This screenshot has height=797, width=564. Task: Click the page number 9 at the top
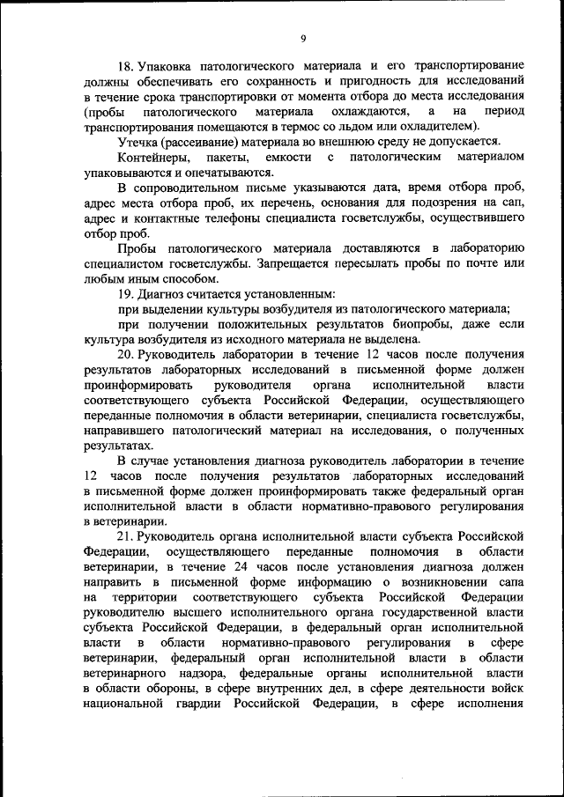pos(302,38)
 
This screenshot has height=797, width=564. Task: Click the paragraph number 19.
pos(127,293)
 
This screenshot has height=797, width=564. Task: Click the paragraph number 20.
pos(127,355)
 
